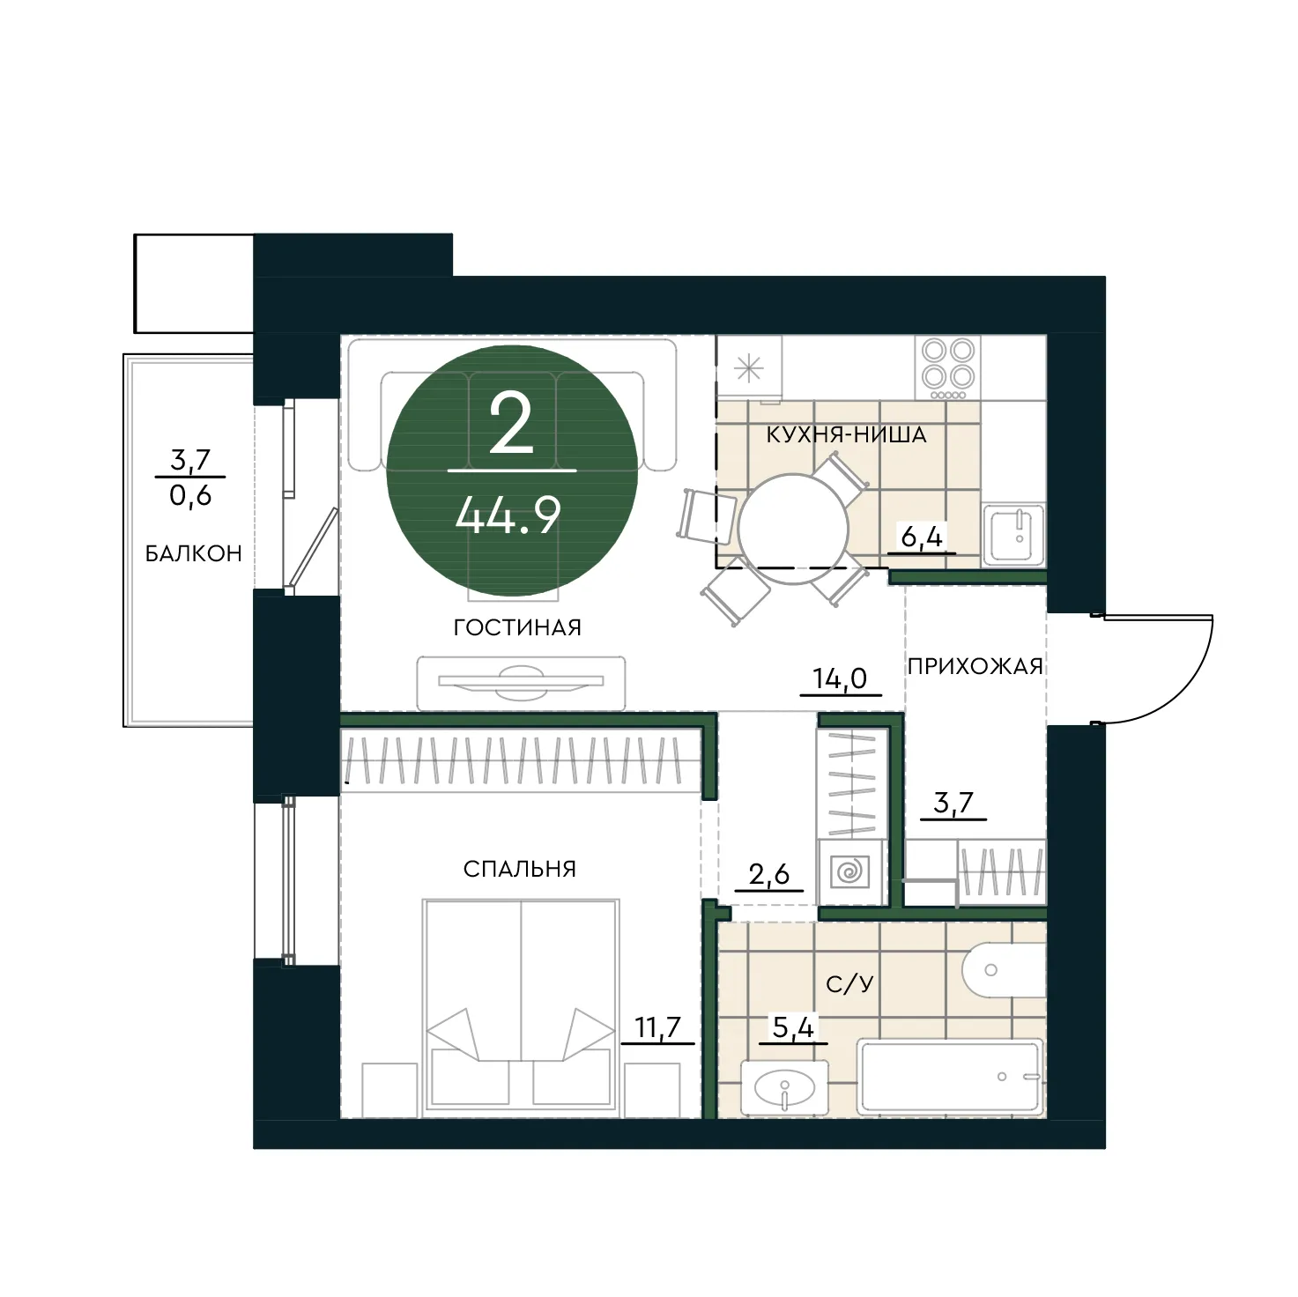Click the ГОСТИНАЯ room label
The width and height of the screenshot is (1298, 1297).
(x=517, y=627)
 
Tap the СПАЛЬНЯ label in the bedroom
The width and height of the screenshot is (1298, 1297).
(x=519, y=869)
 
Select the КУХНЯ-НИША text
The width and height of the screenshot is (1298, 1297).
(x=847, y=434)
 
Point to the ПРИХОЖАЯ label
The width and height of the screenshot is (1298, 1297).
(x=975, y=666)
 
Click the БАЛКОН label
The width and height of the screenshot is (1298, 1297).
(x=193, y=553)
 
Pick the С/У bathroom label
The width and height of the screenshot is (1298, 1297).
(x=849, y=983)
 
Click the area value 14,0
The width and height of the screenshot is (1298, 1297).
(x=840, y=678)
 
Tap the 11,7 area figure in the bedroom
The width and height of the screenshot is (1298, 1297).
(x=658, y=1027)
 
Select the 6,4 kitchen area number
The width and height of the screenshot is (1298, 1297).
(x=922, y=537)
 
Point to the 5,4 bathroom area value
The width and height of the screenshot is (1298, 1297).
(x=793, y=1027)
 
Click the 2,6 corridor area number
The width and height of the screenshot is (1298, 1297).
(x=768, y=875)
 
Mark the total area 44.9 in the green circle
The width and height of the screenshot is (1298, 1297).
(x=508, y=517)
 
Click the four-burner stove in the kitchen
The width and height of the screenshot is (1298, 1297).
(x=948, y=368)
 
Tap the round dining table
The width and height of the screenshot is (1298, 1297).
(x=793, y=529)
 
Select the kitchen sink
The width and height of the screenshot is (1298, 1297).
(x=1013, y=534)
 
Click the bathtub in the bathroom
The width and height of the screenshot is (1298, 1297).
(x=951, y=1077)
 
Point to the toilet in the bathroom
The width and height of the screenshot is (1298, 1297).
(x=1004, y=970)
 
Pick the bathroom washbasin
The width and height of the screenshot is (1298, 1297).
(x=785, y=1087)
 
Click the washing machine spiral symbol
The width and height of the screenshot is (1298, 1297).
(x=850, y=871)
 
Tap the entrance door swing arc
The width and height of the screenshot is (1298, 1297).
(x=1183, y=694)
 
